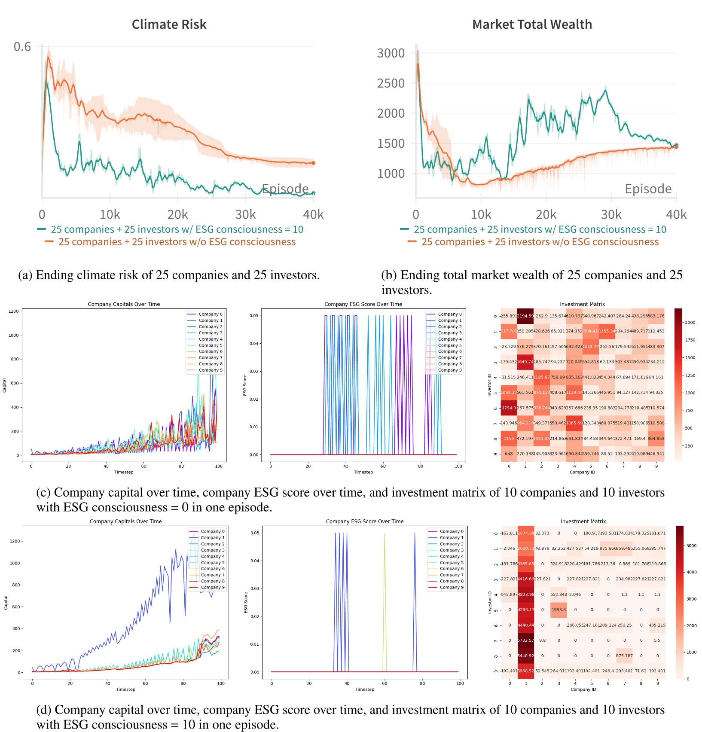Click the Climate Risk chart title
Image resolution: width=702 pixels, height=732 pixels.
click(169, 24)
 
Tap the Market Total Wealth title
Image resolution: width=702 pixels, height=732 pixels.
click(532, 24)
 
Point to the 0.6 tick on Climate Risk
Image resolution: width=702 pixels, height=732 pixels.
click(22, 46)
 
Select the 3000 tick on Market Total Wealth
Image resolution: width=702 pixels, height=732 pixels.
click(391, 53)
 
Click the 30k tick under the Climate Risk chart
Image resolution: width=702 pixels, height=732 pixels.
click(245, 214)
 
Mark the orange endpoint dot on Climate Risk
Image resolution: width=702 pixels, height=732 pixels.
click(314, 163)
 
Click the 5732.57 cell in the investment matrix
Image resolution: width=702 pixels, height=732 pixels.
click(526, 640)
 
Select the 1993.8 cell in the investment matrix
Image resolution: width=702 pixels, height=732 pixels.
click(559, 610)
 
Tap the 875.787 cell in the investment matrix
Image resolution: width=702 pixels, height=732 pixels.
click(624, 656)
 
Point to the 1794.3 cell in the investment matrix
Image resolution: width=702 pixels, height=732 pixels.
click(509, 408)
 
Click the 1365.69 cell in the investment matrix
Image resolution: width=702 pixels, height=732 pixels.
click(574, 423)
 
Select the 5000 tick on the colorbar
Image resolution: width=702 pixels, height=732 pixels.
click(691, 546)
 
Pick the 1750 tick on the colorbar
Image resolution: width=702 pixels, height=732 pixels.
click(690, 340)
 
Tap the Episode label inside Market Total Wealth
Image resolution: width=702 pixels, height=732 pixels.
click(648, 189)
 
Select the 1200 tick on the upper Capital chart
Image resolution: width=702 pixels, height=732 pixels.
click(14, 311)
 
